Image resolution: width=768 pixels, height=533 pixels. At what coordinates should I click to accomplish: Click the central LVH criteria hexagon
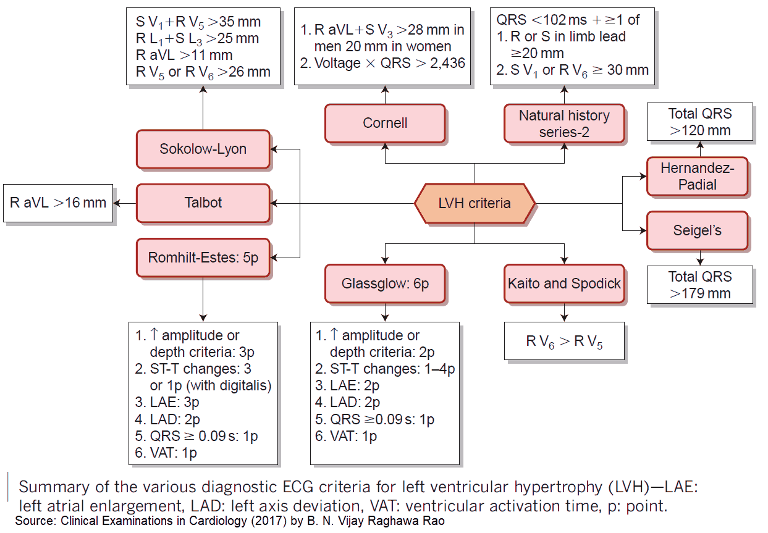(474, 203)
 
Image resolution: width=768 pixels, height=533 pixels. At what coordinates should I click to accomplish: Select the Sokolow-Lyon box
(203, 149)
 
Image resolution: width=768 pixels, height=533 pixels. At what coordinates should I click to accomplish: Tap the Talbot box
(203, 203)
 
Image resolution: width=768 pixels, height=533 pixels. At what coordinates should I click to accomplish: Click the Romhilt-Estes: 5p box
(203, 257)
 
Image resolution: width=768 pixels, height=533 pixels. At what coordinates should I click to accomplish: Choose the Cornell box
(385, 123)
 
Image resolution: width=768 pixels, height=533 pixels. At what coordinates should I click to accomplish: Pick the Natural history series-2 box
(564, 123)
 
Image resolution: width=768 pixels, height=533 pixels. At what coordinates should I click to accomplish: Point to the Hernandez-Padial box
(697, 176)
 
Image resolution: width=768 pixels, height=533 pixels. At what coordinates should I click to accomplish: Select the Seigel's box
(697, 230)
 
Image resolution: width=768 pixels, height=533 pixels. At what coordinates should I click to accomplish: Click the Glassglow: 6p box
(385, 283)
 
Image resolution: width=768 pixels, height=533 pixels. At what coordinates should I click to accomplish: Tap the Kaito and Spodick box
(564, 283)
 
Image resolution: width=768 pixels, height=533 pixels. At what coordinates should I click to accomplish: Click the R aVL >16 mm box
(58, 203)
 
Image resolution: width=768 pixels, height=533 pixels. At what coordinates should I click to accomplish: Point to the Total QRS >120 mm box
(700, 122)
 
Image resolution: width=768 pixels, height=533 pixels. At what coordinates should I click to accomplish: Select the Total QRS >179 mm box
(700, 285)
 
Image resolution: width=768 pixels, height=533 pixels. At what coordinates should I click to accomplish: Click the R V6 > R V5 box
(564, 341)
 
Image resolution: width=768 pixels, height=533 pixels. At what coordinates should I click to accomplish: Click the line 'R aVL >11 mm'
(184, 55)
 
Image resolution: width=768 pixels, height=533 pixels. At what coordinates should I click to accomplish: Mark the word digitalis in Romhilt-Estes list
(244, 385)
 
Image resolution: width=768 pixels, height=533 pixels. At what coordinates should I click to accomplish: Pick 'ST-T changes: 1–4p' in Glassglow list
(384, 369)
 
